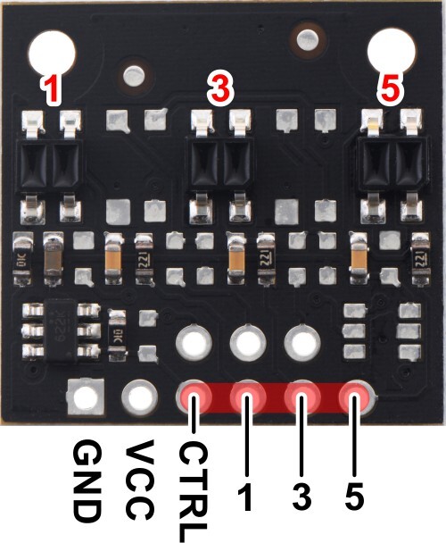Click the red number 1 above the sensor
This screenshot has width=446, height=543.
51,90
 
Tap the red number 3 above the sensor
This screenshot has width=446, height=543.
220,91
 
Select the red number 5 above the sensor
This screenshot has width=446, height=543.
390,91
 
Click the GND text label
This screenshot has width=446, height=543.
87,481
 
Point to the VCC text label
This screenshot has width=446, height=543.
139,480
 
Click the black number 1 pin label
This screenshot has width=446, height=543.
246,497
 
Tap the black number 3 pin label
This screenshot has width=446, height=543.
301,497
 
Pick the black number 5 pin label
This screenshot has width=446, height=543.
354,497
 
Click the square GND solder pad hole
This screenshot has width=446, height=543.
86,397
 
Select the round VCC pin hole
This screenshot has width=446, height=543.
139,397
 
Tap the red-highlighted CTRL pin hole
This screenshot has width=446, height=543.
194,397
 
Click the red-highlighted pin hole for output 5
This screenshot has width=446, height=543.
357,397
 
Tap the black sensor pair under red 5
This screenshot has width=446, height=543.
392,164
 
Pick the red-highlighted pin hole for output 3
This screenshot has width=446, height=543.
302,397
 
